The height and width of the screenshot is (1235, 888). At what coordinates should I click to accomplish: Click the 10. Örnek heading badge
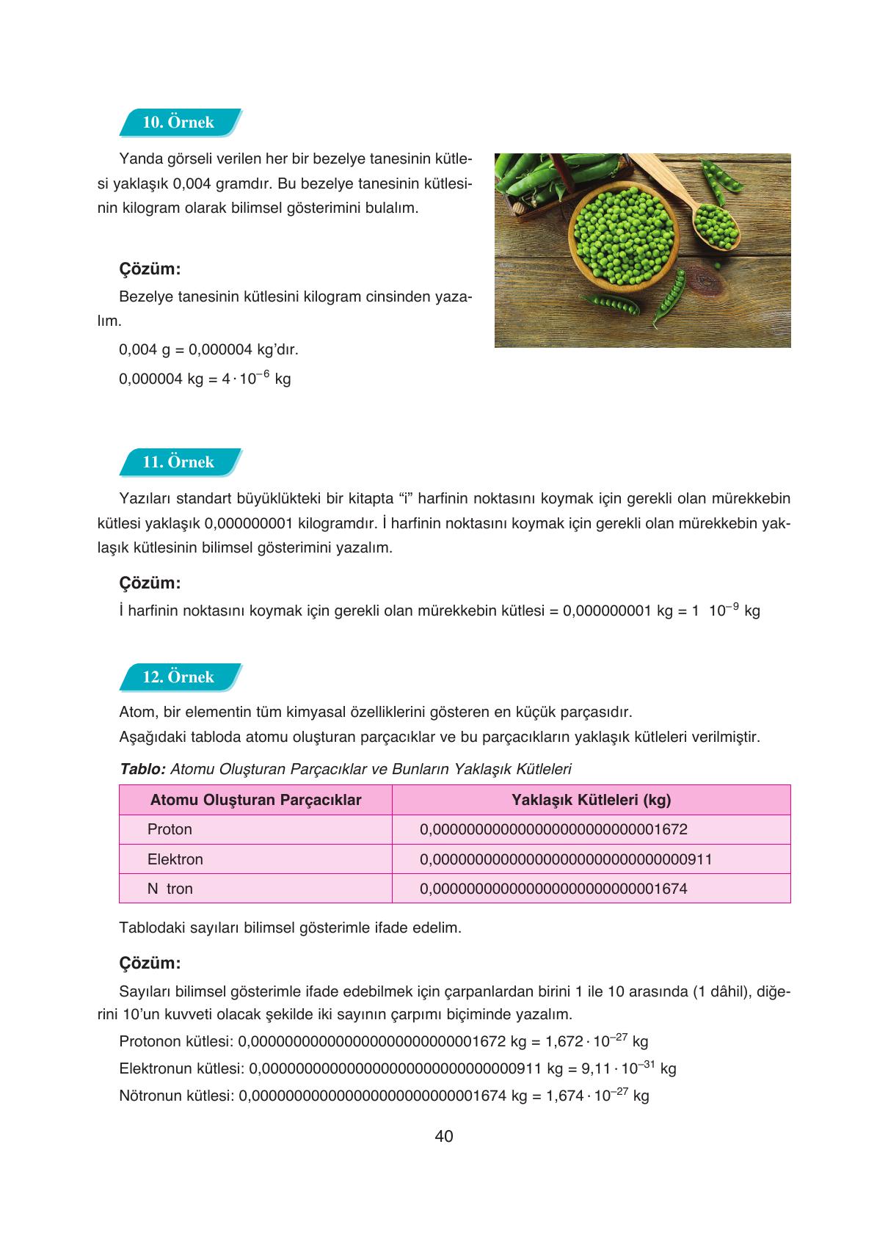coord(178,123)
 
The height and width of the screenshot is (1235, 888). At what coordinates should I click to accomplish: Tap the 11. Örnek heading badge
coord(178,462)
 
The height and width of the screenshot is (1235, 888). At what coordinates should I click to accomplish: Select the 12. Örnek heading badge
coord(178,677)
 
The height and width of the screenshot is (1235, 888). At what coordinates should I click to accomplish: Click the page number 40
coord(444,1137)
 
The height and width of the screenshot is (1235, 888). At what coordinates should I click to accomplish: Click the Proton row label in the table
coord(170,829)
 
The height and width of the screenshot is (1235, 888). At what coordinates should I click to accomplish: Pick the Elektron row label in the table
coord(175,859)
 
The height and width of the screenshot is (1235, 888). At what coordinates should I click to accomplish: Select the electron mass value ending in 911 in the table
coord(566,859)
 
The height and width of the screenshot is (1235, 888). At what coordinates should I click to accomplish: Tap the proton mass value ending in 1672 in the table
coord(553,829)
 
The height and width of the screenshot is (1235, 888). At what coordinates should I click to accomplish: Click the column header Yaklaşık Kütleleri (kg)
coord(591,800)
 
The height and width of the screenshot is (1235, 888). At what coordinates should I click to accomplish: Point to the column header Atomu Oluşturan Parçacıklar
coord(255,800)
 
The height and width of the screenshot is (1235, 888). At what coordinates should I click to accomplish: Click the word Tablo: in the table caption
coord(142,769)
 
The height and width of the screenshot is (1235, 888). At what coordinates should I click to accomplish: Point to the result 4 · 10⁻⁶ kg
coord(256,379)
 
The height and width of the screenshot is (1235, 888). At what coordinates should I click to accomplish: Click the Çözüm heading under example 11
coord(150,583)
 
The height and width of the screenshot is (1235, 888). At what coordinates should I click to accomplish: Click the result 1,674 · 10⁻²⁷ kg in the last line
coord(597,1096)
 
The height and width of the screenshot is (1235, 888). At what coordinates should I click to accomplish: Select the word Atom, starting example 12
coord(137,713)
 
